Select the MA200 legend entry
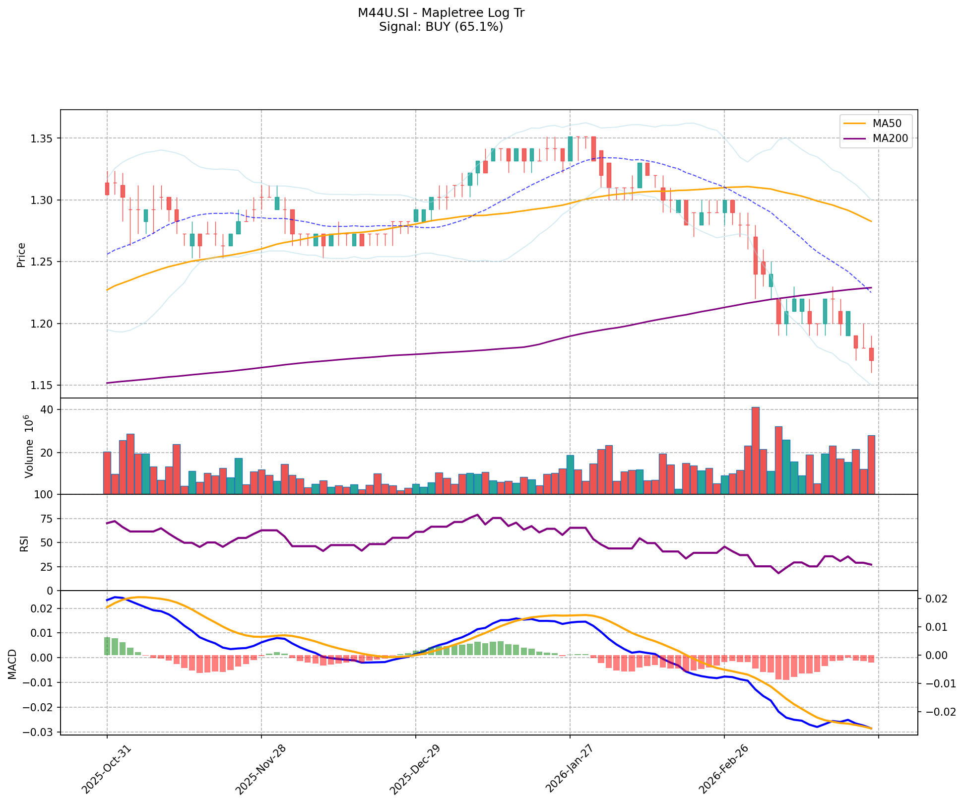[x=890, y=139]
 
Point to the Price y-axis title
[x=21, y=255]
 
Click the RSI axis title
[x=24, y=543]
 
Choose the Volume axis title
[x=28, y=447]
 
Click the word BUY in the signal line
[x=437, y=27]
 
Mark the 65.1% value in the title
[x=480, y=27]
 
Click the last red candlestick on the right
[x=871, y=354]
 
